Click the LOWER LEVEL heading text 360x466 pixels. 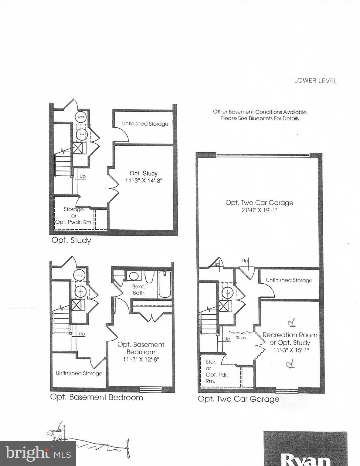point(315,81)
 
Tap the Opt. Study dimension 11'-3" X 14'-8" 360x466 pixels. point(144,181)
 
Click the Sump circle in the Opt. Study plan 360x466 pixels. point(81,117)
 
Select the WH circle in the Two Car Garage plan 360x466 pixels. point(228,293)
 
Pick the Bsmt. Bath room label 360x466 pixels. point(138,289)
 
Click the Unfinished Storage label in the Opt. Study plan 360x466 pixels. point(145,124)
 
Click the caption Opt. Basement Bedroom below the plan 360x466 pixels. point(97,397)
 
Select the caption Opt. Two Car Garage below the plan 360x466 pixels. point(238,399)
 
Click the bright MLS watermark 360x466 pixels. point(38,454)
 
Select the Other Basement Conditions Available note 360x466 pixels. point(260,115)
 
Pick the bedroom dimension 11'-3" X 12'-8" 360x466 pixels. point(141,359)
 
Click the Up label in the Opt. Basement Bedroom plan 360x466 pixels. point(82,334)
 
